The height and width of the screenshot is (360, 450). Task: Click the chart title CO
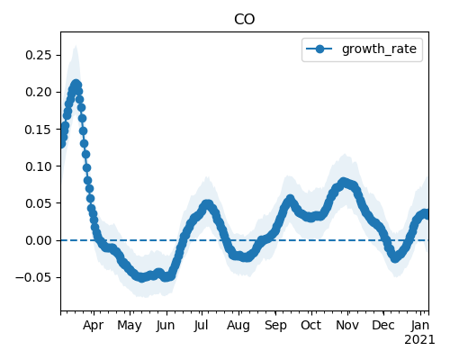coord(245,20)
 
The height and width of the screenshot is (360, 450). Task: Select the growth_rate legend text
coord(379,49)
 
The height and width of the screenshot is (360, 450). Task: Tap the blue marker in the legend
coord(319,49)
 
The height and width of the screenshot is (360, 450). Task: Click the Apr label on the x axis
coord(94,326)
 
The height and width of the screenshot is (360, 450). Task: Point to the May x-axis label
coord(130,326)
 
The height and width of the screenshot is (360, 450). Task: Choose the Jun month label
coord(166,326)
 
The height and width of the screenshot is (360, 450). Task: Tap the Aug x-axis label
coord(238,326)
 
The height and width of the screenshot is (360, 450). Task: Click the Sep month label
coord(275,326)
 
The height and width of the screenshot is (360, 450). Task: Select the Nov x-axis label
coord(347,326)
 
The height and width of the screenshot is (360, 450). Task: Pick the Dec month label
coord(383,326)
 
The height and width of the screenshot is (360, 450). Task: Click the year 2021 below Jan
coord(419,340)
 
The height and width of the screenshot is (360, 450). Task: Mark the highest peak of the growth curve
coord(76,84)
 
